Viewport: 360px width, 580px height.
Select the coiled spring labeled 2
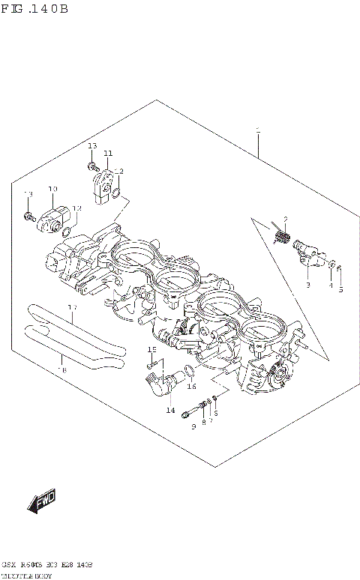click(283, 239)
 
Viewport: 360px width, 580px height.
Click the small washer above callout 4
click(330, 264)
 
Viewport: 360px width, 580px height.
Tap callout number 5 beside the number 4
click(340, 289)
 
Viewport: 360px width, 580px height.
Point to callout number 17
click(72, 308)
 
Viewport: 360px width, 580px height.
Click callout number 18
click(61, 369)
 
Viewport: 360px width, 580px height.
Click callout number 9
click(193, 426)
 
